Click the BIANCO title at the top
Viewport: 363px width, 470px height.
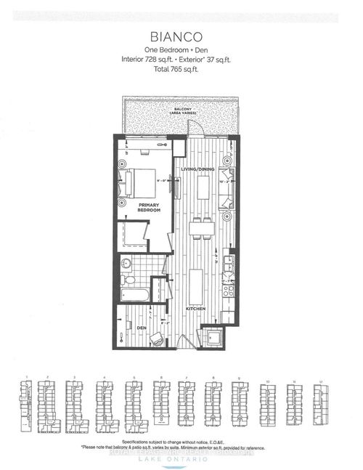point(181,34)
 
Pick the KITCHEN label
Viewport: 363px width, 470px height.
point(195,309)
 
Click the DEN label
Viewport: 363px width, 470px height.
point(141,327)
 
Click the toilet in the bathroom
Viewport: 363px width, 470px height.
point(129,280)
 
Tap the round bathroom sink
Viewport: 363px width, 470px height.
point(125,263)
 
